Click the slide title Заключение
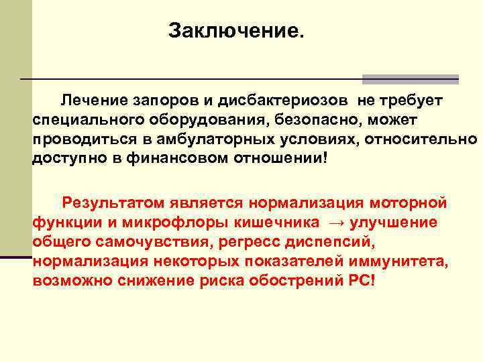click(236, 31)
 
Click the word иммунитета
click(412, 261)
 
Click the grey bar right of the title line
click(411, 79)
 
